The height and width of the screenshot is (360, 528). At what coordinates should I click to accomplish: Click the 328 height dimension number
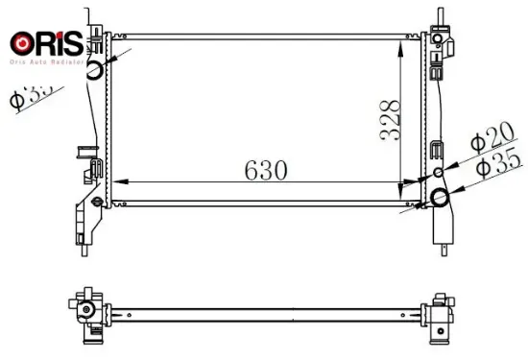(390, 118)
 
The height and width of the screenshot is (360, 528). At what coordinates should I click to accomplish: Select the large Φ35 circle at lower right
(441, 199)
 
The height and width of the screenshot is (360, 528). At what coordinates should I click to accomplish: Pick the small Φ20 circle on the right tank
(439, 173)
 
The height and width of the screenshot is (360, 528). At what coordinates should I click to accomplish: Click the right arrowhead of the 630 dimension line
(418, 181)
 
